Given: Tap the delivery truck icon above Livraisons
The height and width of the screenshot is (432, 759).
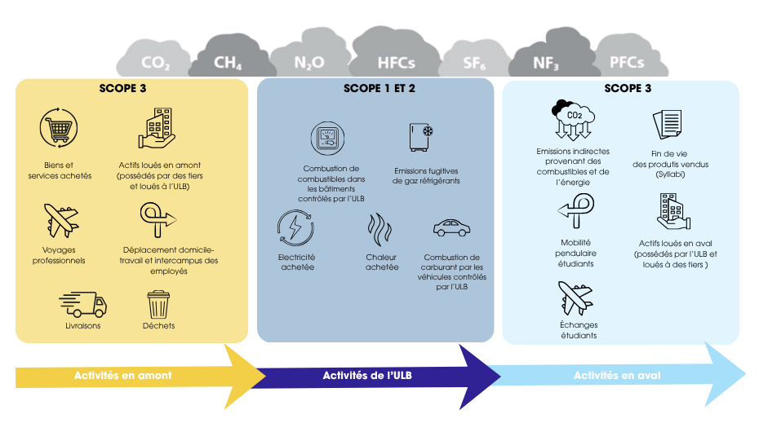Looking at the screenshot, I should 82,305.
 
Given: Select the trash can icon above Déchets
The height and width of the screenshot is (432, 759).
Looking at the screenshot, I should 158,305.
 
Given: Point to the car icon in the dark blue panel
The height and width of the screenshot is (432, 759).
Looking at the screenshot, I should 451,227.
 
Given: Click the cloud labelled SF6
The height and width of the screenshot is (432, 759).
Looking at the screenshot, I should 472,62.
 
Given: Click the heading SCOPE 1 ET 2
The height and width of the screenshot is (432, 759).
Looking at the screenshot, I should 379,88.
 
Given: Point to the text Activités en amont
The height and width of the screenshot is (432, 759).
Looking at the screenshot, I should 123,376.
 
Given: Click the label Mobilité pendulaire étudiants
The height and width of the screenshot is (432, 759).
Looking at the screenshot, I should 575,253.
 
